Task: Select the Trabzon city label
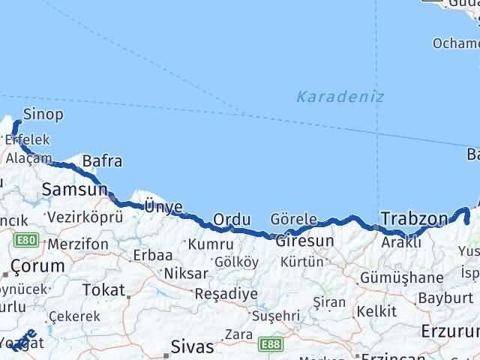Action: (x=414, y=219)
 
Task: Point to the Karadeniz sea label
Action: (x=340, y=96)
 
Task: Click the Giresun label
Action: (x=304, y=241)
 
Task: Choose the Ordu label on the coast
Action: (x=231, y=219)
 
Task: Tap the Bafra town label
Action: (x=102, y=160)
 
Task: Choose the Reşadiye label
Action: (x=226, y=293)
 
